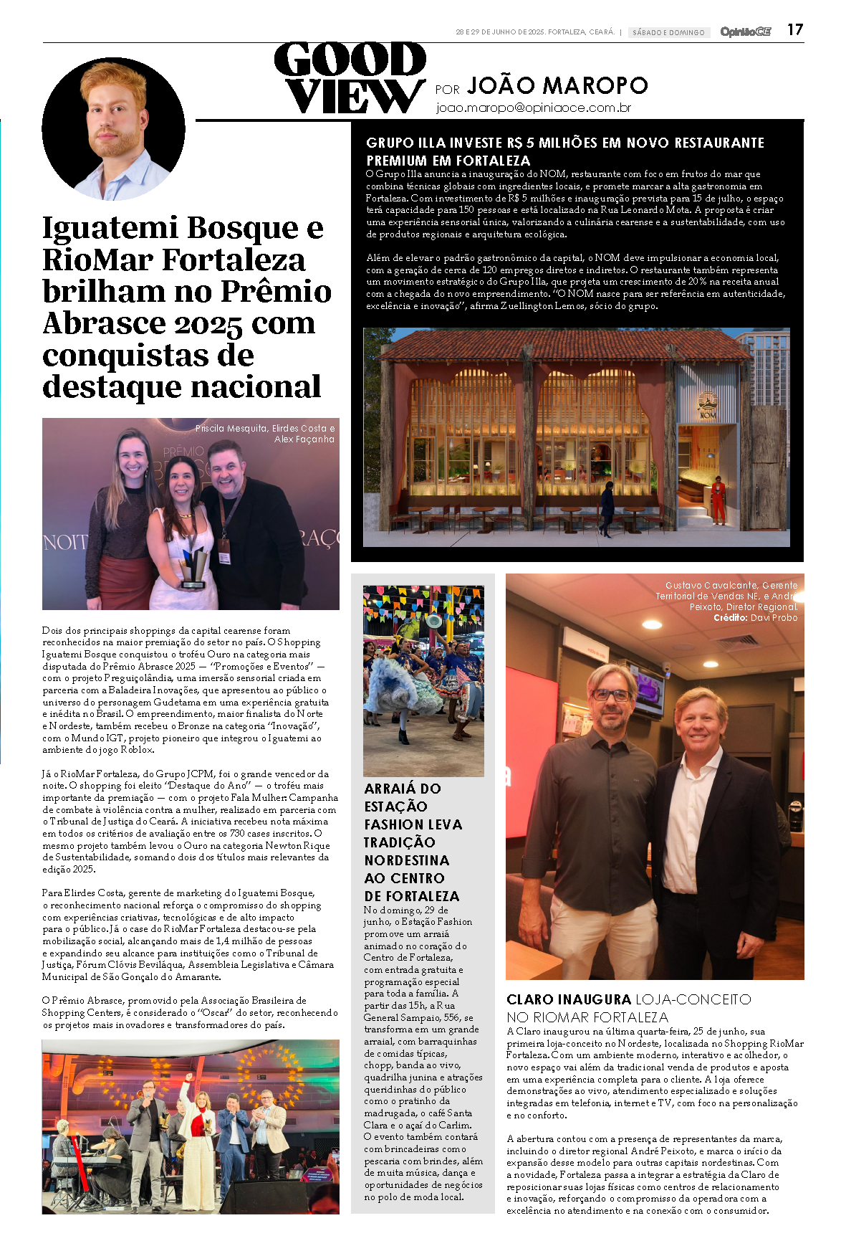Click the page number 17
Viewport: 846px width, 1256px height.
click(x=794, y=29)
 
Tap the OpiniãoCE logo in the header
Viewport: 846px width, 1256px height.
click(x=745, y=32)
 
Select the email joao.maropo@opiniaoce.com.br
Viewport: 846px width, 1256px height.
click(x=533, y=108)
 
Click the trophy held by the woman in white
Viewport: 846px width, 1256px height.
click(x=193, y=568)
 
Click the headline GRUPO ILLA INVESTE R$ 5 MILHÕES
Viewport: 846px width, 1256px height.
click(x=564, y=143)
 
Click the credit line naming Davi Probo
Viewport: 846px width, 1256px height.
click(x=755, y=617)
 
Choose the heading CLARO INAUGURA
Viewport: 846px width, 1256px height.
click(x=568, y=999)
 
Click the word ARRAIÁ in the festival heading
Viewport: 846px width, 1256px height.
click(x=390, y=789)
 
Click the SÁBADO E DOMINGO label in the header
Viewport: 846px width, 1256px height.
click(x=668, y=32)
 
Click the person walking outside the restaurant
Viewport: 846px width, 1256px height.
click(x=607, y=508)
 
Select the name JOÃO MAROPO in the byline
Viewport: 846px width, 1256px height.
click(x=557, y=86)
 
